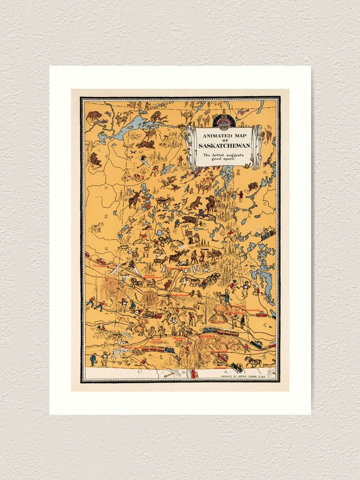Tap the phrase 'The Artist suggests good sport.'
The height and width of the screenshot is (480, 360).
coord(221,157)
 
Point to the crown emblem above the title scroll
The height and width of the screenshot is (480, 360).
coord(224,121)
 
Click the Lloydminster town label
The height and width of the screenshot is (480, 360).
coord(104,265)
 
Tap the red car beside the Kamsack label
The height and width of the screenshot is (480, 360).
coord(262,314)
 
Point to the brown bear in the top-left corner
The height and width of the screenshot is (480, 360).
coord(94,115)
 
